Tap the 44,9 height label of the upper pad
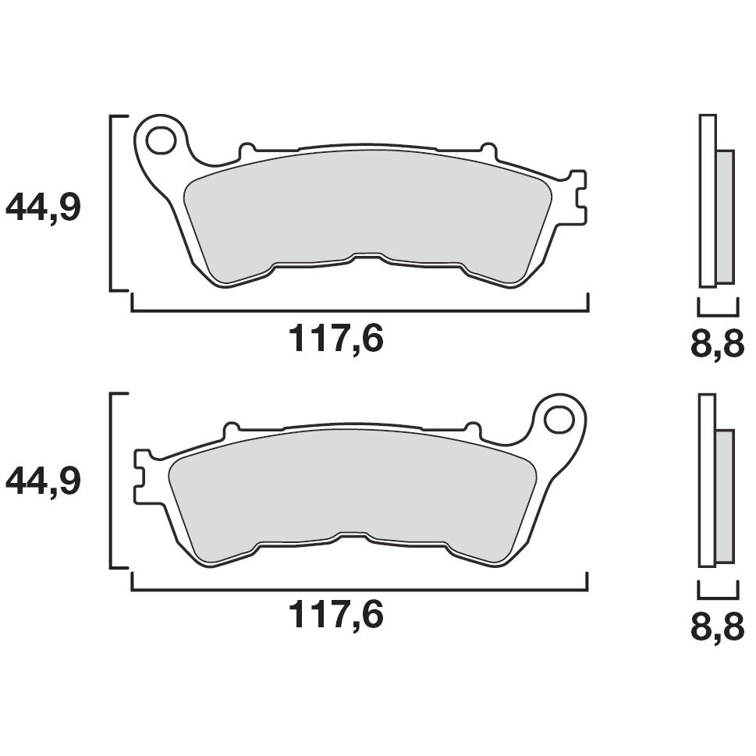point(43,208)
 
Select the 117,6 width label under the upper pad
point(336,339)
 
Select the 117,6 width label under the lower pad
point(336,616)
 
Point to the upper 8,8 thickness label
point(717,343)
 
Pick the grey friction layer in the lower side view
point(725,495)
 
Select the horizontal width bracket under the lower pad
point(359,587)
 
